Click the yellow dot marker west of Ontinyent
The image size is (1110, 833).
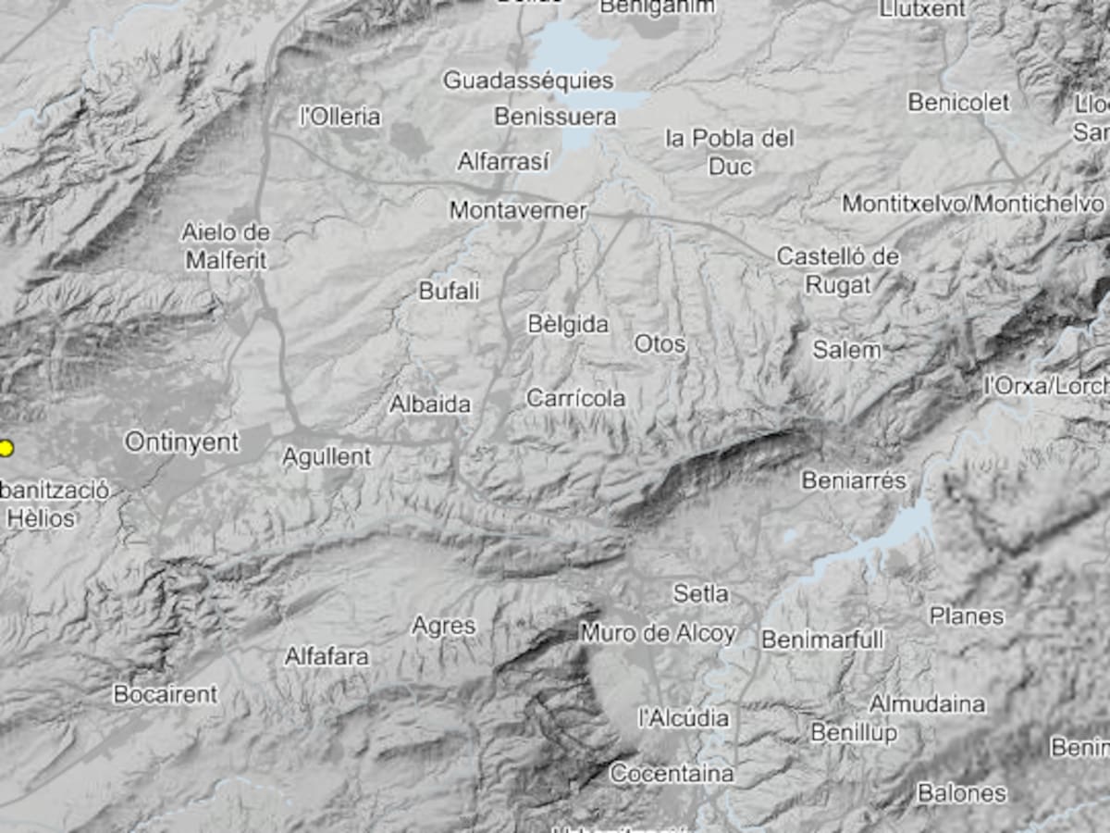coord(6,449)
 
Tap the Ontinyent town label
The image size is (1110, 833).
coord(181,442)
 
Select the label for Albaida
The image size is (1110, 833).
coord(429,404)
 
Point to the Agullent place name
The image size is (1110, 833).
coord(327,456)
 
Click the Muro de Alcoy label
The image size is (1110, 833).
coord(657,634)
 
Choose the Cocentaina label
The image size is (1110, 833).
coord(672,773)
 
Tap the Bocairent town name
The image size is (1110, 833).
coord(165,693)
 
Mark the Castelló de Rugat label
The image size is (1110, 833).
coord(837,270)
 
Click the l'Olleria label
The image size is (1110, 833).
coord(339,117)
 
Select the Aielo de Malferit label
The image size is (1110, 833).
coord(226,246)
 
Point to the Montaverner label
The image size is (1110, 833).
coord(517,211)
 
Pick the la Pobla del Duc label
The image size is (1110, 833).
coord(730,153)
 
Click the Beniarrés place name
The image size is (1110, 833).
coord(854,480)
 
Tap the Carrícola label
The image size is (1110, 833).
coord(575,398)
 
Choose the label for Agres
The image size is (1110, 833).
coord(443,627)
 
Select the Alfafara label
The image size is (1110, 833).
coord(327,657)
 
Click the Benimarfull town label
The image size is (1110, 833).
coord(822,640)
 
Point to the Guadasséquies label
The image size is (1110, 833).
coord(528,81)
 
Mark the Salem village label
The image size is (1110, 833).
coord(846,350)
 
